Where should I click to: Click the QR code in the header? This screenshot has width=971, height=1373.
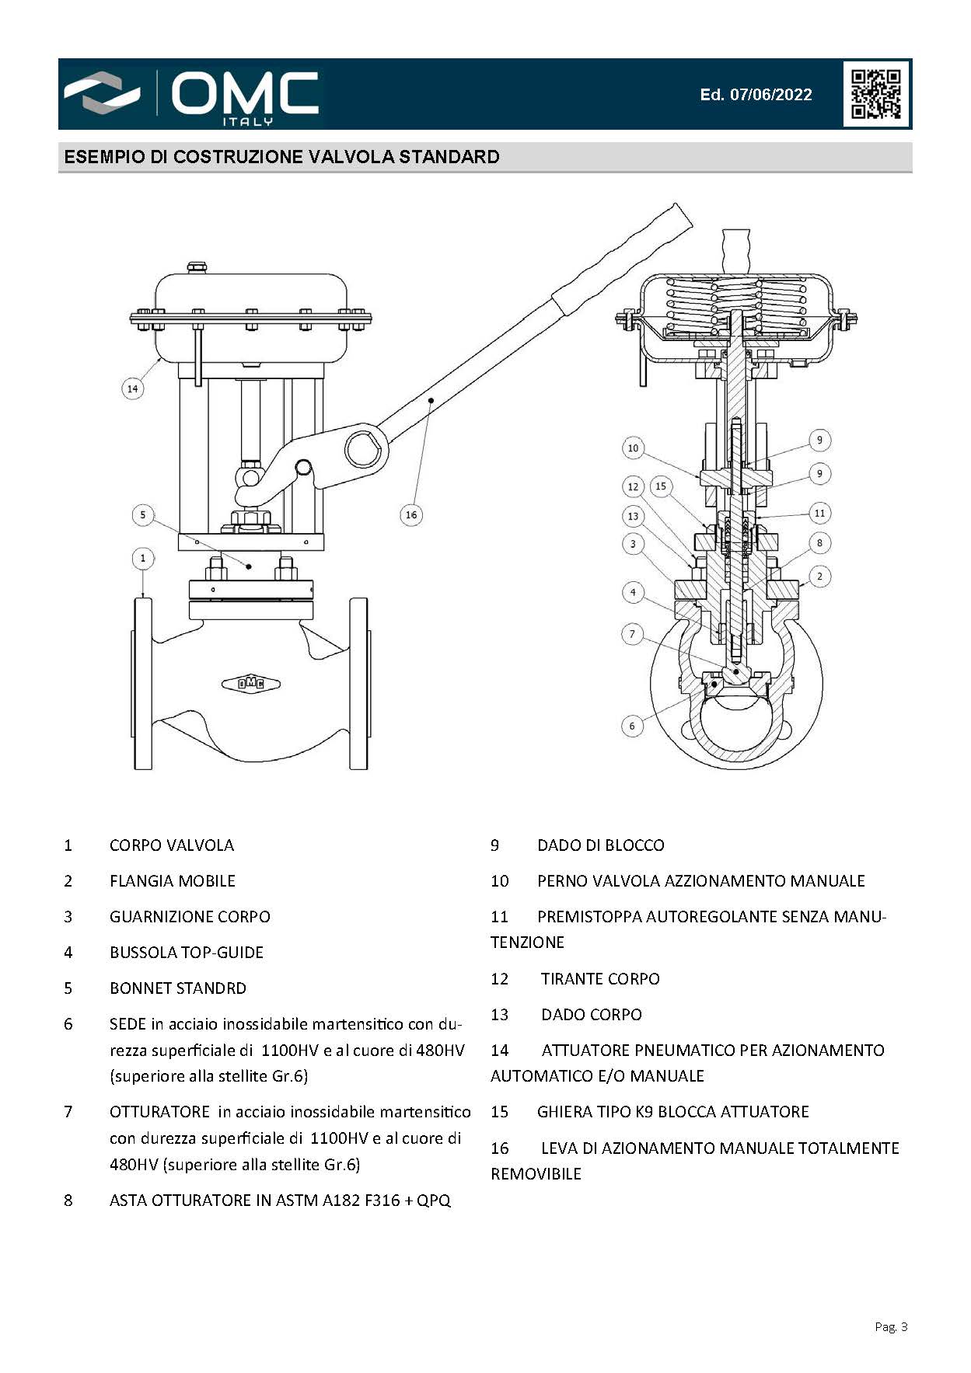pyautogui.click(x=876, y=94)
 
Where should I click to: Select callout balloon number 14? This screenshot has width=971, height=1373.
pyautogui.click(x=133, y=389)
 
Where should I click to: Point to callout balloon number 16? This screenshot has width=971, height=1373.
pyautogui.click(x=411, y=514)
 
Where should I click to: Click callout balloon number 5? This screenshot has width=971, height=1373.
pyautogui.click(x=143, y=514)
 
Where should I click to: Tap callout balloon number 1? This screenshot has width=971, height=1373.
pyautogui.click(x=143, y=558)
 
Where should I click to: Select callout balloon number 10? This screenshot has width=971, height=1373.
pyautogui.click(x=633, y=448)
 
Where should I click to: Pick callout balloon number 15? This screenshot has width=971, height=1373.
pyautogui.click(x=661, y=486)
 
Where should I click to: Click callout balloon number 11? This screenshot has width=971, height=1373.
pyautogui.click(x=819, y=513)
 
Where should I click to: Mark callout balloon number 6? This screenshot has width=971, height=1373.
pyautogui.click(x=632, y=726)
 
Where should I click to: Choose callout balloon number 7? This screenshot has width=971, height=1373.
pyautogui.click(x=632, y=634)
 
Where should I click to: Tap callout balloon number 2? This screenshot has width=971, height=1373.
pyautogui.click(x=819, y=576)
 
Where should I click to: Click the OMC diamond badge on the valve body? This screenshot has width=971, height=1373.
pyautogui.click(x=251, y=684)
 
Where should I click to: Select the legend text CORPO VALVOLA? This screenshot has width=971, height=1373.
pyautogui.click(x=172, y=845)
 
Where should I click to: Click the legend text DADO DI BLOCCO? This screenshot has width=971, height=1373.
pyautogui.click(x=601, y=845)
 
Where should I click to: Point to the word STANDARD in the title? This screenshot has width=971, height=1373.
pyautogui.click(x=449, y=157)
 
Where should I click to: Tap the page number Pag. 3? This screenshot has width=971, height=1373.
pyautogui.click(x=891, y=1326)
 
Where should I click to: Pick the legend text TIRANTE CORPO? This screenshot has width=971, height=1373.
pyautogui.click(x=600, y=979)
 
